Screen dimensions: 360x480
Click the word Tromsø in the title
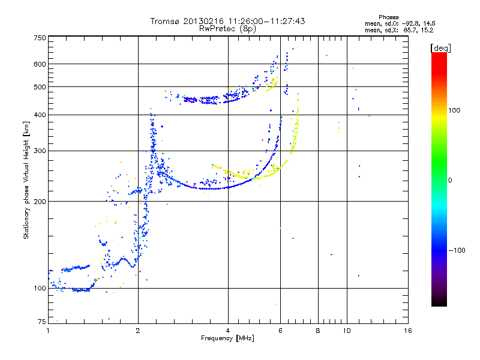[x=165, y=21]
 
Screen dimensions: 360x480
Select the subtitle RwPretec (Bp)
[x=228, y=28]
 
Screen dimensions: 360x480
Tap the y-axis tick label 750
[x=40, y=38]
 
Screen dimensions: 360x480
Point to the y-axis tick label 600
[x=40, y=64]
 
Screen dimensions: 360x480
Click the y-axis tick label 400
[x=40, y=115]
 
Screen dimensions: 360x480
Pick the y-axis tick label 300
[x=40, y=151]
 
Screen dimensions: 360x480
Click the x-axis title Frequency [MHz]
[x=227, y=339]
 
